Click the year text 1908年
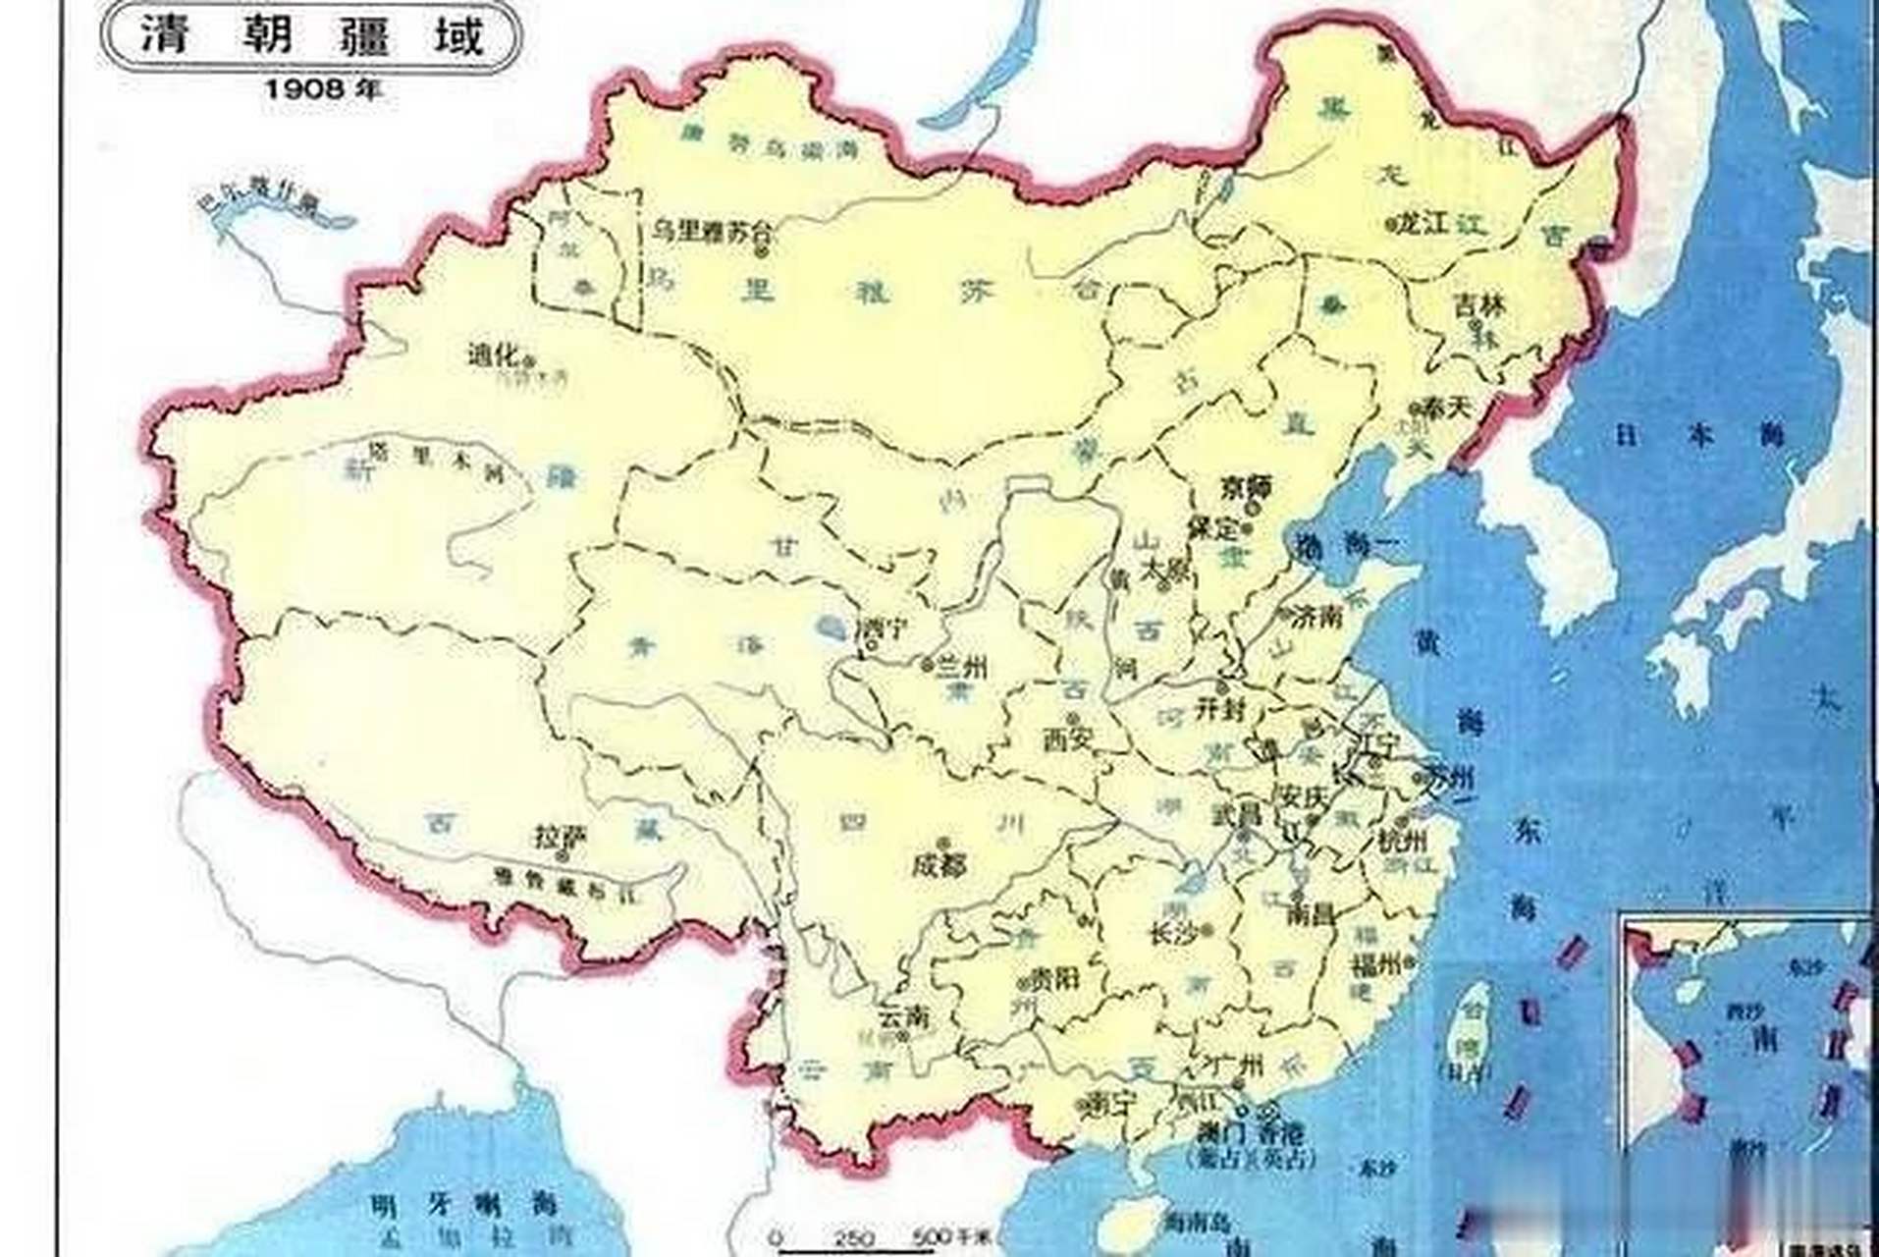(x=321, y=89)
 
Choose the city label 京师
(x=1246, y=487)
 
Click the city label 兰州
(x=963, y=668)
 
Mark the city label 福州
(x=1376, y=962)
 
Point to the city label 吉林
(x=1479, y=306)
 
